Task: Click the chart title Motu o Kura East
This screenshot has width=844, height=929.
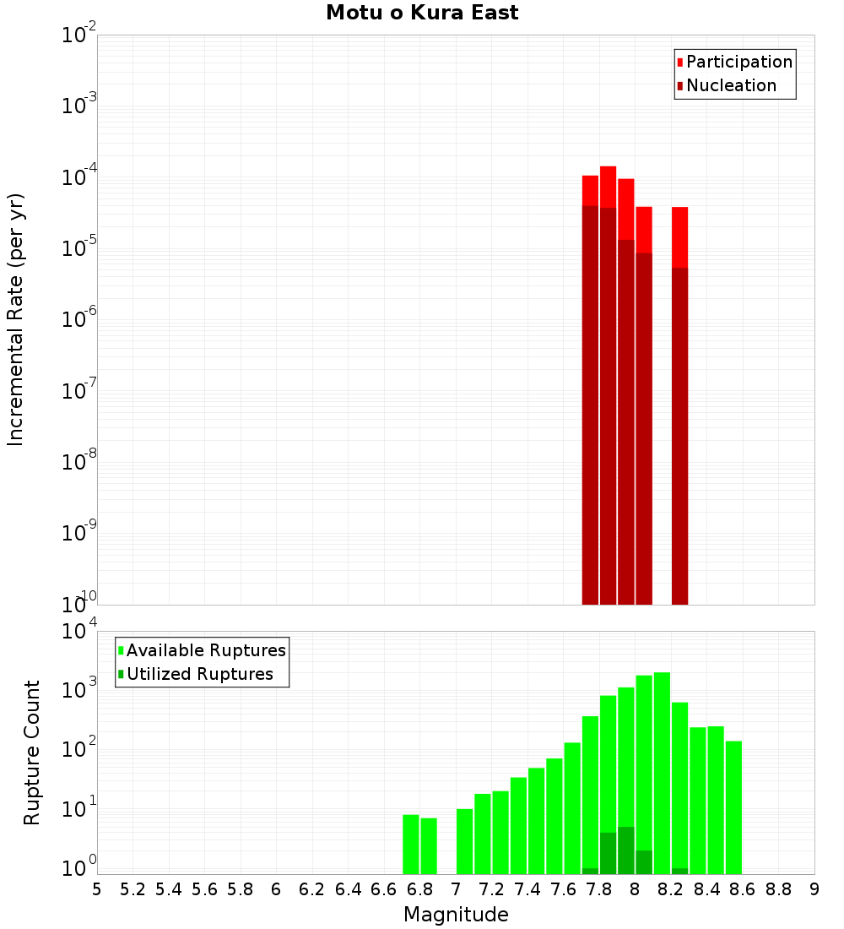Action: [422, 14]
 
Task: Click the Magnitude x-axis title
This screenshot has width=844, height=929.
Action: [456, 915]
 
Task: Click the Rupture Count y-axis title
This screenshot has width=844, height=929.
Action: [32, 752]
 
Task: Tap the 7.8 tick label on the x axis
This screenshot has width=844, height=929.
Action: [599, 889]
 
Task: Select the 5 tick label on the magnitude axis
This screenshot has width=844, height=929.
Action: [97, 889]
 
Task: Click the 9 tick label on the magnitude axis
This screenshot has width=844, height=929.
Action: [814, 889]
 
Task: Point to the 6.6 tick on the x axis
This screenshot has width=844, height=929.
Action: [384, 889]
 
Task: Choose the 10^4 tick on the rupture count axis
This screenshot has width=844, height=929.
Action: [78, 632]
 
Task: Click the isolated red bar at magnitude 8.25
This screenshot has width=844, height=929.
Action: [680, 405]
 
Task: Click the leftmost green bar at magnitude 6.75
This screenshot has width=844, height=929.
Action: [411, 845]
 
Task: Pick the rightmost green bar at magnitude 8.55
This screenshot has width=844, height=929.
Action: [733, 807]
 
